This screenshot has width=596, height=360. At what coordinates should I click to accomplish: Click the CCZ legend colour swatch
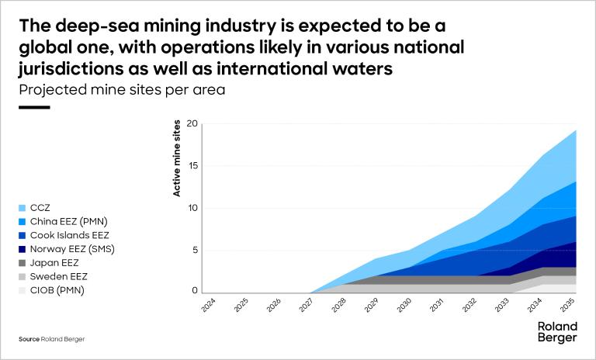22,208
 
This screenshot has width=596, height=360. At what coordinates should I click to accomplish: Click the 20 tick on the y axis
192,124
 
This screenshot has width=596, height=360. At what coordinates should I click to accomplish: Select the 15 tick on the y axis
193,166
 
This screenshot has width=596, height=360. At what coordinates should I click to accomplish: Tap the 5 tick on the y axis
196,250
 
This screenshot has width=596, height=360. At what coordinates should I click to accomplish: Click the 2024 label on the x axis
209,305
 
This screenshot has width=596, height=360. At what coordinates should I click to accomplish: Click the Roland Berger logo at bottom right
557,332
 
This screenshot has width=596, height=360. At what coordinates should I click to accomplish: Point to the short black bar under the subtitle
33,107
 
